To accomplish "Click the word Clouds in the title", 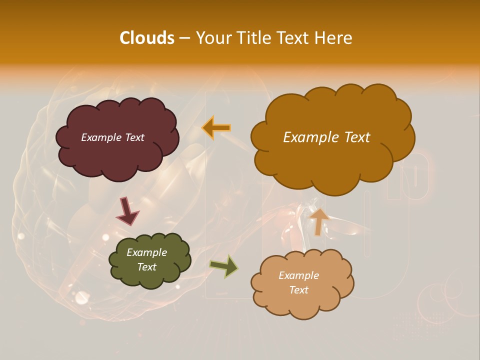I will click(x=146, y=38).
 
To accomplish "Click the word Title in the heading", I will click(x=253, y=38).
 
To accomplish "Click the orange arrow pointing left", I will click(x=216, y=128).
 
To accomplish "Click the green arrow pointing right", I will click(x=224, y=266).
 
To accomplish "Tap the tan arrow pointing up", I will click(x=319, y=221).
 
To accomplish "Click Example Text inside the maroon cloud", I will click(x=112, y=137).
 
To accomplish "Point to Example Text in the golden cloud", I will click(x=326, y=137).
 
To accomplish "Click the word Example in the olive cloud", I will click(x=146, y=252).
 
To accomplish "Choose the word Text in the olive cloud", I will click(x=146, y=267).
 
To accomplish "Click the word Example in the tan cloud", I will click(x=298, y=275).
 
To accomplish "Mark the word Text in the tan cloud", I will click(x=298, y=290).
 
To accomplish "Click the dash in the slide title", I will click(x=184, y=38).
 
